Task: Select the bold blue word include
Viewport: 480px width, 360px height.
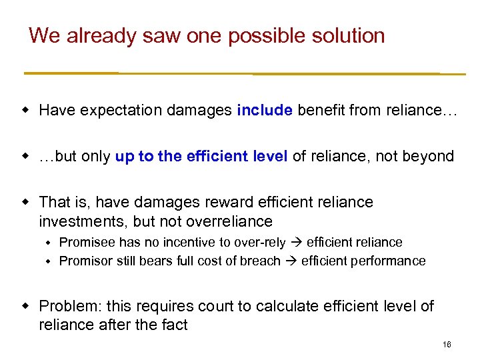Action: click(x=265, y=110)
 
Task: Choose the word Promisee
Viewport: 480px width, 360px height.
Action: click(x=86, y=242)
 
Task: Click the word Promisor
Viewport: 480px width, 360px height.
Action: click(x=85, y=261)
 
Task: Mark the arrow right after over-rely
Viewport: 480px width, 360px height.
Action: click(x=297, y=242)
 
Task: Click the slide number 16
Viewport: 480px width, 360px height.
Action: click(x=446, y=345)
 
